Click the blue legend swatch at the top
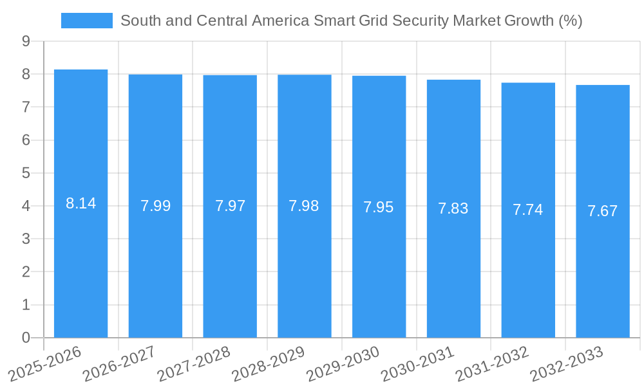coord(86,21)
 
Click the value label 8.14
coord(80,203)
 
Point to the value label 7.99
coord(155,206)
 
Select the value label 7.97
coord(230,206)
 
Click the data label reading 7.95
coord(379,207)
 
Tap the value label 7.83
coord(453,208)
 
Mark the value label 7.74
coord(528,210)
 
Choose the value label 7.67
coord(603,211)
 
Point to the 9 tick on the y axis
coord(26,41)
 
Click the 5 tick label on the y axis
coord(26,173)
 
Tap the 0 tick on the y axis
coord(26,338)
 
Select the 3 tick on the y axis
coord(26,239)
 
